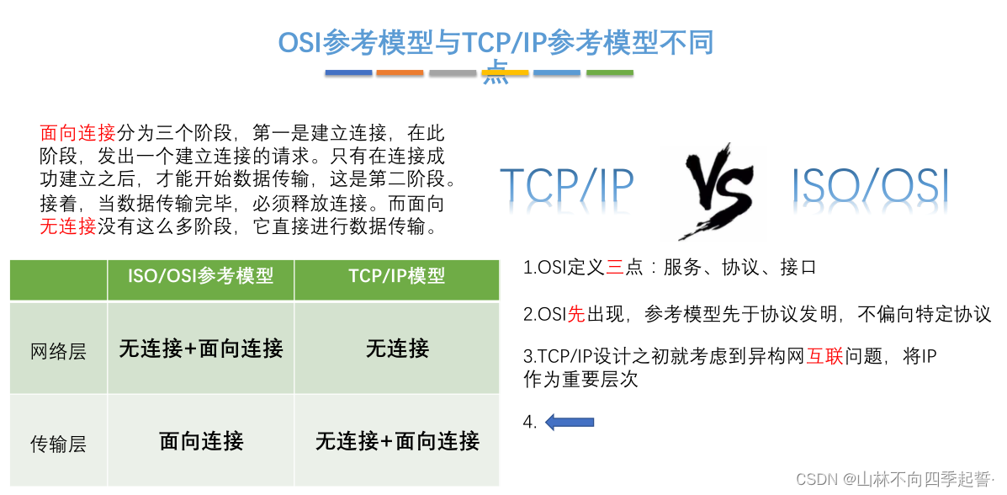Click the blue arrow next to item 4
click(570, 422)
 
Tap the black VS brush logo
click(718, 189)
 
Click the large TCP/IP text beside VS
click(566, 185)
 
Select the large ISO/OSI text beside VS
click(871, 185)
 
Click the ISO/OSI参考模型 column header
click(200, 276)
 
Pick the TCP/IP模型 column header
click(396, 276)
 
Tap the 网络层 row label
click(58, 350)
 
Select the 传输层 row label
click(58, 443)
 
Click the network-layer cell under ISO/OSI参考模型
click(200, 349)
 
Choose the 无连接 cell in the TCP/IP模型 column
click(396, 349)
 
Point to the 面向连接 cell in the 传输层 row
click(200, 440)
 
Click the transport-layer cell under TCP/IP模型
click(396, 440)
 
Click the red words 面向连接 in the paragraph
click(77, 133)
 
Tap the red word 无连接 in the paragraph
click(68, 226)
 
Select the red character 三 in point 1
click(615, 269)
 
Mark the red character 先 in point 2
click(576, 315)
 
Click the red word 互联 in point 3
click(824, 357)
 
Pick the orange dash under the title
click(400, 73)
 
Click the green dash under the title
click(609, 73)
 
